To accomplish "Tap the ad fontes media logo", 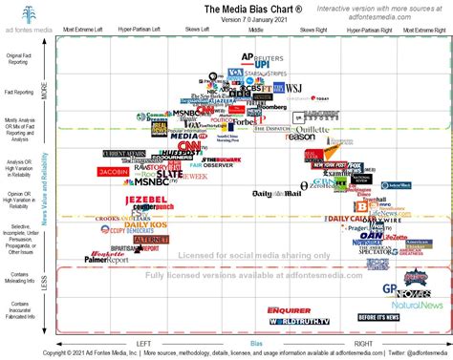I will click(x=28, y=18).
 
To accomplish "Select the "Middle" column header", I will click(x=256, y=30).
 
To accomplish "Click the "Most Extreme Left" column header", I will click(x=83, y=30).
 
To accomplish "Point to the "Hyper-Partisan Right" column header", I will click(x=369, y=30).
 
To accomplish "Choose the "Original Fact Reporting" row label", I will click(x=18, y=58).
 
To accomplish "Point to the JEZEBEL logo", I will click(x=145, y=200).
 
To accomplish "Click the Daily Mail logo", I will click(x=277, y=194).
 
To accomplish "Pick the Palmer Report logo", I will click(x=106, y=259).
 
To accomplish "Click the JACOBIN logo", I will click(x=113, y=173).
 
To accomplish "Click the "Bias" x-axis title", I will click(x=255, y=343).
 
